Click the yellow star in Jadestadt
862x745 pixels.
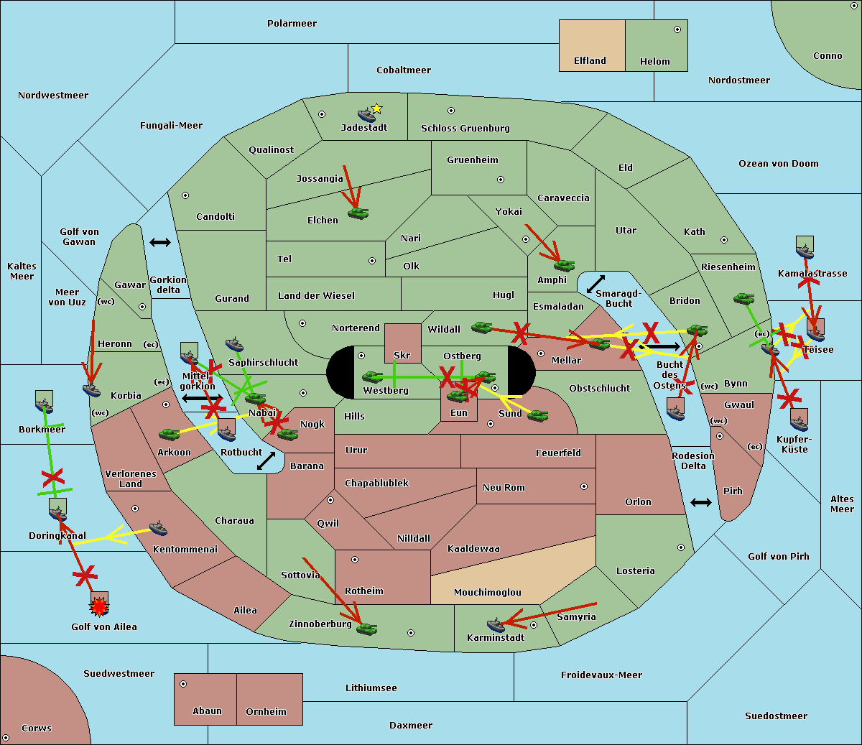coord(376,108)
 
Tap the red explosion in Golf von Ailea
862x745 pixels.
coord(99,607)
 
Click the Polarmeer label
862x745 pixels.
coord(292,24)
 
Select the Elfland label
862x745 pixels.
coord(590,61)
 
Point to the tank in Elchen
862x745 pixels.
coord(358,213)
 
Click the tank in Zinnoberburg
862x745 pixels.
coord(366,629)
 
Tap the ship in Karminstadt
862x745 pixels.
coord(496,625)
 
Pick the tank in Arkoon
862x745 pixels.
coord(169,434)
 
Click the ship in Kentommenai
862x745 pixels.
coord(158,529)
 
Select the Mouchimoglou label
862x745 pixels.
coord(487,593)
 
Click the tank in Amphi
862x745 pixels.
coord(564,265)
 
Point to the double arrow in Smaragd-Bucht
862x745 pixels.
coord(595,284)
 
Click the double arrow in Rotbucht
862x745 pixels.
coord(266,461)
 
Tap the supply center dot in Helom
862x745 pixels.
coord(677,29)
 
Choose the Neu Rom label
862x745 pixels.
coord(504,488)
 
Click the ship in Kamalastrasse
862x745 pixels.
coord(805,251)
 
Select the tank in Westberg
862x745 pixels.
coord(372,376)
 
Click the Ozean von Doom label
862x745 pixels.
coord(778,164)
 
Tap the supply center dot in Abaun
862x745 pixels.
coord(183,684)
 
